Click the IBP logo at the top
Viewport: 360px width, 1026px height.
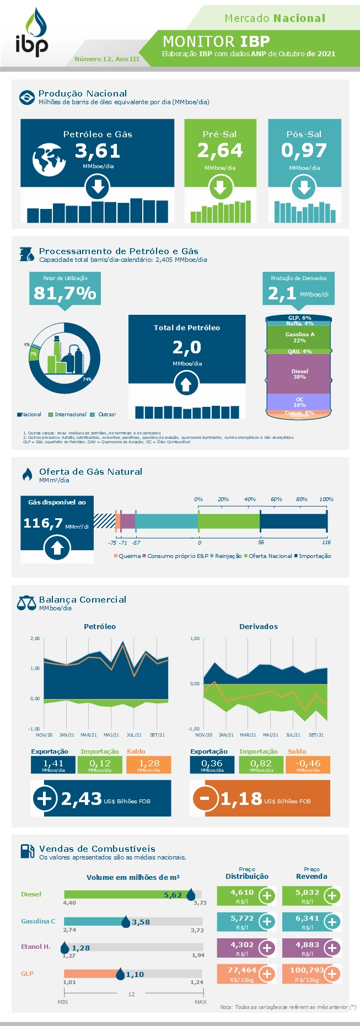[x=32, y=33]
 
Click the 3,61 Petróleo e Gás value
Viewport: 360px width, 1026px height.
[x=98, y=151]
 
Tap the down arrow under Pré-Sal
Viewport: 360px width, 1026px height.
[x=220, y=188]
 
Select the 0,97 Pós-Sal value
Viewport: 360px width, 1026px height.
[x=304, y=151]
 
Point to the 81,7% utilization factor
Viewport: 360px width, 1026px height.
[x=65, y=293]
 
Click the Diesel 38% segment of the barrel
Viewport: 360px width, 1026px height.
[x=299, y=374]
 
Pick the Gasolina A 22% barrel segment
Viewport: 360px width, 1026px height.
[x=299, y=337]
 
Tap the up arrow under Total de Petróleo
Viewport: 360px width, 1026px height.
[x=186, y=384]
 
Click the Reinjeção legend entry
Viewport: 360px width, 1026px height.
[x=228, y=556]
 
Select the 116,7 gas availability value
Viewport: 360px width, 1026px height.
[x=43, y=523]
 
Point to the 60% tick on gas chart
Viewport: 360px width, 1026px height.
[x=276, y=499]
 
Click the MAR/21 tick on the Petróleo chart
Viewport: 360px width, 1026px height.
[x=89, y=735]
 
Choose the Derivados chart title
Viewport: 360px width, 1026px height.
[x=258, y=627]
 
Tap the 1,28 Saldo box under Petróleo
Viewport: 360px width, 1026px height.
[x=149, y=764]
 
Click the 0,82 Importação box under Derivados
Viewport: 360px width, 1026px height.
[x=261, y=764]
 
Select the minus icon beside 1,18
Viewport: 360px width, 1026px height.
[x=205, y=798]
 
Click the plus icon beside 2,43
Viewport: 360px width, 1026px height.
[x=45, y=798]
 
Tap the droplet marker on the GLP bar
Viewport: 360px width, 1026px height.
[x=120, y=974]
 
